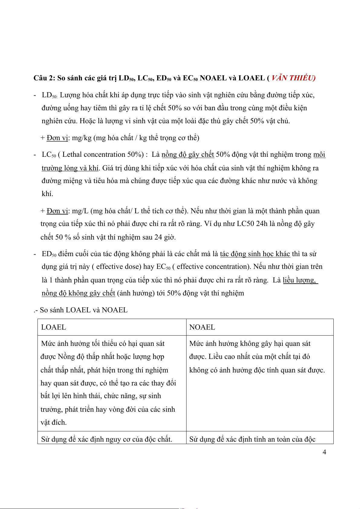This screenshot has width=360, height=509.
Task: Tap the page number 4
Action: coord(324,452)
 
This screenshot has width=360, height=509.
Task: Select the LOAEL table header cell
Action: coord(112,327)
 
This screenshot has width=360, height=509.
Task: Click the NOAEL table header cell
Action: coord(260,327)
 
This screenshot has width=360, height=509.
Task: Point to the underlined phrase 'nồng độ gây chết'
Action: coord(188,155)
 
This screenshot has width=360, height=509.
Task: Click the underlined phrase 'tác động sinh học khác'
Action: coord(255,254)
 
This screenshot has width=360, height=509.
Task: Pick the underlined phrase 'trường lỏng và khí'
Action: coord(70,168)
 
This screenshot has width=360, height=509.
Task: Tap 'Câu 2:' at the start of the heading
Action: coord(44,78)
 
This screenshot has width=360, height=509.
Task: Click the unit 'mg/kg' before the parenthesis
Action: coord(82,138)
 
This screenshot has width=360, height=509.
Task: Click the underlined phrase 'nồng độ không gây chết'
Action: coord(78,293)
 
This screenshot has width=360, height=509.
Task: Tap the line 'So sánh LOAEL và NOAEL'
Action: coord(83,310)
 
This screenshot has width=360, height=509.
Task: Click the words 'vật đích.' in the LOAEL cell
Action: coord(54,422)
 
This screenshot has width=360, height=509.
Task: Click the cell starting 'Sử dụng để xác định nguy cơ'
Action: coord(107,439)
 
